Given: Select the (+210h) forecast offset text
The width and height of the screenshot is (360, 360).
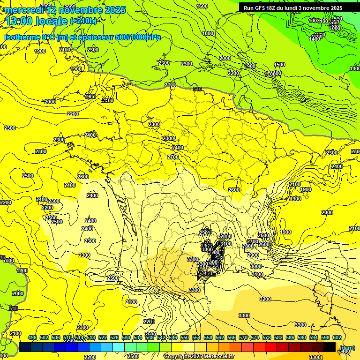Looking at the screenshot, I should click(83, 21).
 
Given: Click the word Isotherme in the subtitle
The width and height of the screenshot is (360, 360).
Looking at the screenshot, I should click(22, 37).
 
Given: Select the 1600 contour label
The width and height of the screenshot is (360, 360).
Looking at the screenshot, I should click(202, 6).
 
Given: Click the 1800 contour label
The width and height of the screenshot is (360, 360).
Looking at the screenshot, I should click(208, 33).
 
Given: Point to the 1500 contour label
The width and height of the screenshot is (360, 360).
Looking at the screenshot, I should click(279, 65).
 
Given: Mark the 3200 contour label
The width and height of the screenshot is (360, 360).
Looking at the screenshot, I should click(265, 299).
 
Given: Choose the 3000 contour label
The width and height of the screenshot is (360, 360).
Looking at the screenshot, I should click(255, 266).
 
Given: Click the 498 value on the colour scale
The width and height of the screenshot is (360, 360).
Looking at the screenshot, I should click(32, 338).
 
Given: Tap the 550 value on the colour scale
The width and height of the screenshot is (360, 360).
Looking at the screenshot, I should click(185, 338).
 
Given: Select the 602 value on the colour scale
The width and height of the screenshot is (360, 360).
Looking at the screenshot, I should click(337, 338).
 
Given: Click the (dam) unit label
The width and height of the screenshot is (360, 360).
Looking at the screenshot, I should click(347, 347).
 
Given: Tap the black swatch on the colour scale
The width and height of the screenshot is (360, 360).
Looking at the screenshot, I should click(330, 347).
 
